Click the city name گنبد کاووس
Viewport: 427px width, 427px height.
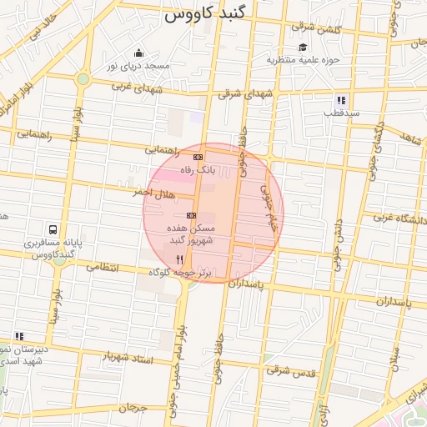[205, 15]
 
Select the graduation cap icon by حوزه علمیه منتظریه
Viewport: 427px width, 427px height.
[303, 48]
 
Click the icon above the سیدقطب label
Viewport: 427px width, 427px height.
[341, 100]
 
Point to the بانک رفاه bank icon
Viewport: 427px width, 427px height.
[198, 157]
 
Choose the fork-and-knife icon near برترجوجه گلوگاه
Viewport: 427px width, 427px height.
[179, 260]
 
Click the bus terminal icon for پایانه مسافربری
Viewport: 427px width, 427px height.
[53, 229]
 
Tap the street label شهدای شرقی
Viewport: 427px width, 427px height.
[247, 93]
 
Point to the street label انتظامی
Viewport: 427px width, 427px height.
[103, 268]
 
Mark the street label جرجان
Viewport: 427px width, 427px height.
[132, 409]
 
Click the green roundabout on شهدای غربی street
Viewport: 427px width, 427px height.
[83, 80]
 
